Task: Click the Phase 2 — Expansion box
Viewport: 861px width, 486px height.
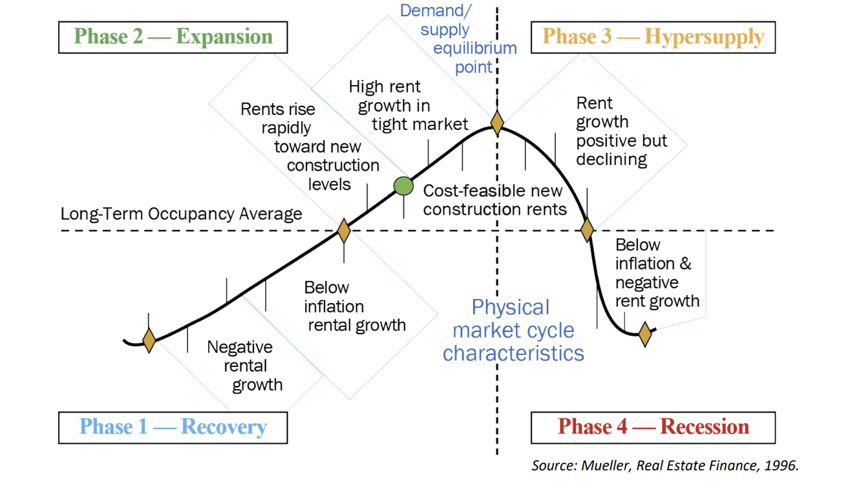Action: point(173,37)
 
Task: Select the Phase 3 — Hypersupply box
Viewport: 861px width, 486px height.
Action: point(653,37)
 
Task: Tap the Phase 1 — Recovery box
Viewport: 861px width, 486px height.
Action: point(173,427)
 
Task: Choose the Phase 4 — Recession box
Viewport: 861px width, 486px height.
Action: point(653,427)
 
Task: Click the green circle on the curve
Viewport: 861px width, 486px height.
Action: point(403,186)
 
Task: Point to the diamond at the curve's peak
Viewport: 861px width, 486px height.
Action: point(496,122)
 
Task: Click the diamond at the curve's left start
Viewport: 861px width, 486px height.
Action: point(149,340)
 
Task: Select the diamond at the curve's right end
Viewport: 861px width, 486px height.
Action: point(644,334)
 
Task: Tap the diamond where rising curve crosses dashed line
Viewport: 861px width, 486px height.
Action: point(344,230)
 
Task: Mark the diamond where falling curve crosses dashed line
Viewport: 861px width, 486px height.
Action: point(587,229)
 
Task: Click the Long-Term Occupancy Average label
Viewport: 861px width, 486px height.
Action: point(181,214)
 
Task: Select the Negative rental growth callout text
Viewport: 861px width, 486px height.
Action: point(245,366)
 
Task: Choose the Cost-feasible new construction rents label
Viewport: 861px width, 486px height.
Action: point(494,200)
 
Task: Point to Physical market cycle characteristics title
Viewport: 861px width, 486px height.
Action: point(513,330)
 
